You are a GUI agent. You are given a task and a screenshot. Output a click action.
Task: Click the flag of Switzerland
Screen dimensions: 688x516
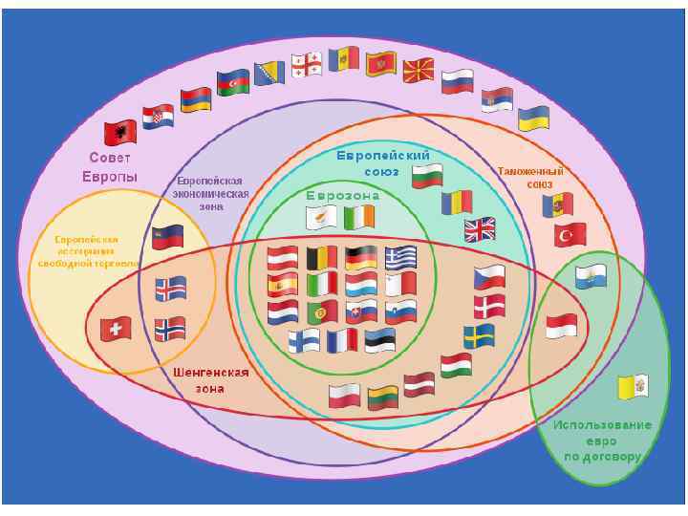[116, 329]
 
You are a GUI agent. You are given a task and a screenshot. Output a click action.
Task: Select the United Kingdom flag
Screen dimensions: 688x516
[480, 229]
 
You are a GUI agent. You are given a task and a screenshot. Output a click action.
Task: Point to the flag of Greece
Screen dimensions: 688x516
[400, 257]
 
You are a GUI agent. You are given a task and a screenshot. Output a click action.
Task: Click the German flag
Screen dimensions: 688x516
[360, 257]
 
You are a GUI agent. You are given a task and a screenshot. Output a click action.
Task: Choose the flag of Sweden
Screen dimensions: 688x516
[479, 336]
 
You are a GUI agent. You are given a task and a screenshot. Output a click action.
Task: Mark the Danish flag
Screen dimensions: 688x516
[489, 306]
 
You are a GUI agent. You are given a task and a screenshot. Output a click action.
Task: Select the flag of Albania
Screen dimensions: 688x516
[122, 132]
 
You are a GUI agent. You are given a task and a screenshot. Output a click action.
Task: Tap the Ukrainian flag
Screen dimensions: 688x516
[533, 118]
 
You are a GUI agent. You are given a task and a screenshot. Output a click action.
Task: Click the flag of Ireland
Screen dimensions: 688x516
[359, 218]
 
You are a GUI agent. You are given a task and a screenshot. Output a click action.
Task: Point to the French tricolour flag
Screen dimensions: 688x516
[341, 340]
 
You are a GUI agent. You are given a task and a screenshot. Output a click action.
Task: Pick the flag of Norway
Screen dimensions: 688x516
[170, 329]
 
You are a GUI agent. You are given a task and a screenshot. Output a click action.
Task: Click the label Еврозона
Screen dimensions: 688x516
[343, 196]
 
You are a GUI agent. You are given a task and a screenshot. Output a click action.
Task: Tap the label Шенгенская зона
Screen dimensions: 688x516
[211, 380]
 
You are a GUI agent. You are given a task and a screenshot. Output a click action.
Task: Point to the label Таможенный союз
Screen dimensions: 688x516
[530, 177]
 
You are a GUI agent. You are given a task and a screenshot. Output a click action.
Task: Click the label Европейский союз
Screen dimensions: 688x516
[383, 162]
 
